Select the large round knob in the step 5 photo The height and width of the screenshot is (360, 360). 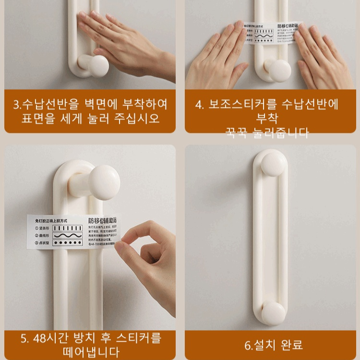pyautogui.click(x=106, y=182)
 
